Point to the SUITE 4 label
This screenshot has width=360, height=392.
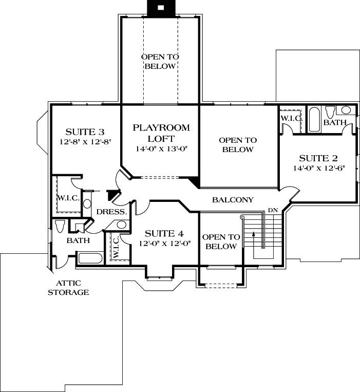(x=165, y=233)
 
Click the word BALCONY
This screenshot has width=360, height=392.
(x=233, y=200)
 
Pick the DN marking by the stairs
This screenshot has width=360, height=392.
(x=272, y=210)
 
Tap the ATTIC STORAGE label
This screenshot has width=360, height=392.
(x=68, y=288)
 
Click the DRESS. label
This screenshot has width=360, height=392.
(x=111, y=212)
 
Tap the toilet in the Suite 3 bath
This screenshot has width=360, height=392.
(x=60, y=227)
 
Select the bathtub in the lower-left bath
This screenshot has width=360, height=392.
(x=89, y=258)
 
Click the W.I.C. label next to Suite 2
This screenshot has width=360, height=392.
(x=291, y=118)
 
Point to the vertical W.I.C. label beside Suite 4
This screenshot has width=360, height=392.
(x=116, y=247)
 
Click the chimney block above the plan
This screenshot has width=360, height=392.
(x=160, y=8)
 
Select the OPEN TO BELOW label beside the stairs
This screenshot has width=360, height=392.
(x=220, y=241)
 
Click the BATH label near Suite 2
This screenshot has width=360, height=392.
(x=334, y=122)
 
